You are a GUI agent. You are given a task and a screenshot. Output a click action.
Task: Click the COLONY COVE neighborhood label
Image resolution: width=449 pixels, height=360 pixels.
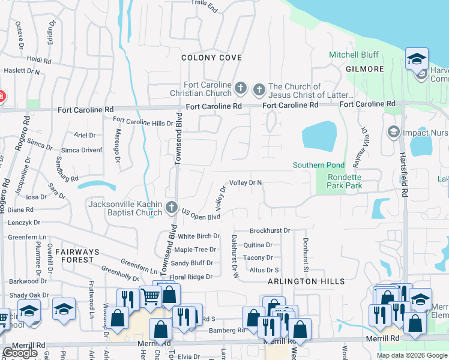click(212, 58)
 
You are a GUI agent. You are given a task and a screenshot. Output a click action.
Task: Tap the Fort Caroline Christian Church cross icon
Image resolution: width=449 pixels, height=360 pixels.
click(240, 89)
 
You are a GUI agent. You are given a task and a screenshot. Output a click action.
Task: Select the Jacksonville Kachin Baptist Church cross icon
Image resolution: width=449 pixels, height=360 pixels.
click(172, 208)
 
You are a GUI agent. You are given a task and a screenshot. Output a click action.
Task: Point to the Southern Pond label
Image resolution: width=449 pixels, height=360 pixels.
click(318, 165)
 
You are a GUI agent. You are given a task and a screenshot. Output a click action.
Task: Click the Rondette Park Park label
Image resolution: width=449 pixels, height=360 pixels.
click(345, 181)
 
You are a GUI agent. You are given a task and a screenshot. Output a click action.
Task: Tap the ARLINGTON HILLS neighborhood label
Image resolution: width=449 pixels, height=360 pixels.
click(306, 281)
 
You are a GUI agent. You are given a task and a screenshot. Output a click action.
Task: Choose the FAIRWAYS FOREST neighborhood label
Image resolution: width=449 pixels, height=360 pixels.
click(74, 256)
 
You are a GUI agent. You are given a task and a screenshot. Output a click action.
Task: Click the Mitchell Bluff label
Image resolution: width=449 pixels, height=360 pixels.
click(354, 55)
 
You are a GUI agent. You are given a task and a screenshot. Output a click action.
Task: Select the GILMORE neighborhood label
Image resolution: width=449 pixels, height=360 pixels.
click(364, 69)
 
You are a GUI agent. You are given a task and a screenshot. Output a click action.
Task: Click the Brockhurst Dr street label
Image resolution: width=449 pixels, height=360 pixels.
click(270, 230)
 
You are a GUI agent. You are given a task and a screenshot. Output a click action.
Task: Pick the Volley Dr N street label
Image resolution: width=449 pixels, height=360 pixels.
click(246, 182)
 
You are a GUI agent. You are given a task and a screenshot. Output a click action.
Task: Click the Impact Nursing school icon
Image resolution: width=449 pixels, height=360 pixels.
click(393, 132)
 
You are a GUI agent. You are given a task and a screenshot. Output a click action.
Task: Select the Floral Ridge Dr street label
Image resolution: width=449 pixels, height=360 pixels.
click(191, 277)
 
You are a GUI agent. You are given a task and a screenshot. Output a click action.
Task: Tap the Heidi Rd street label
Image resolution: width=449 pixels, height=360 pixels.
click(39, 60)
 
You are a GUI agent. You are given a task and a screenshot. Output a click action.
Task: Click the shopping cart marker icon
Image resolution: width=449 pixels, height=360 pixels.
click(151, 295)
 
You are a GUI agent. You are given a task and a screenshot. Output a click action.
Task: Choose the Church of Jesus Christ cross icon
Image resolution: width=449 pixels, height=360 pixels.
click(259, 91)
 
